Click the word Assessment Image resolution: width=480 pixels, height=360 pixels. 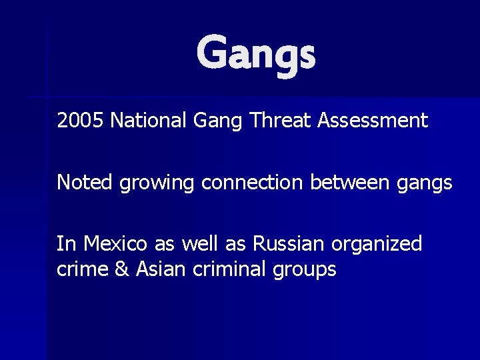(373, 121)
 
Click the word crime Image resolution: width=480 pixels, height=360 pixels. (82, 269)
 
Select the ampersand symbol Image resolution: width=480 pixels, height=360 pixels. (121, 269)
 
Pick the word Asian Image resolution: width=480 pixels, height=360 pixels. (158, 269)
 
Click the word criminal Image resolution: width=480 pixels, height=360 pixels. (228, 269)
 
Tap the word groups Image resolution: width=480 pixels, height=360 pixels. (303, 270)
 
